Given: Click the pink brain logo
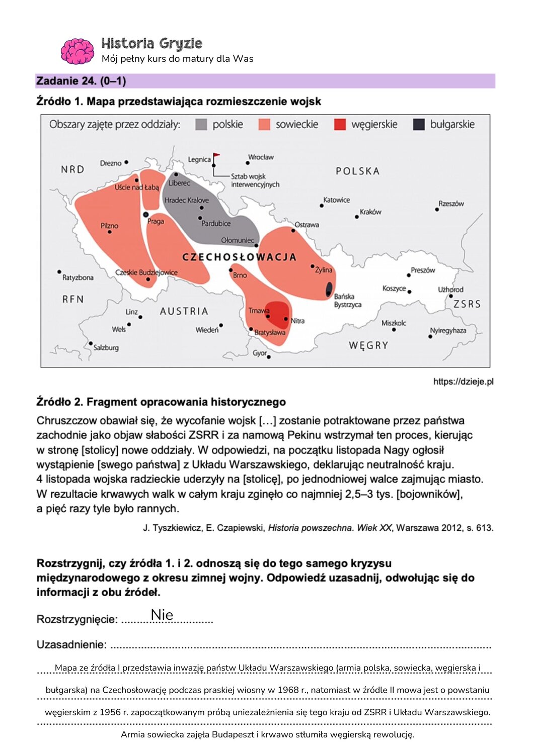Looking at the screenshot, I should pos(77,51).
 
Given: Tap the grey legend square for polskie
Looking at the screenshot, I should pos(201,125).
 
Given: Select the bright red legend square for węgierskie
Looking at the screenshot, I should pos(340,125).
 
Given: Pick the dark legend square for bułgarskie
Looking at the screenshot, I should pos(419,125).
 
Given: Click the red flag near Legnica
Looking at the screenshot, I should pos(216,156).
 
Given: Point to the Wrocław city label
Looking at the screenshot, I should pos(261,157).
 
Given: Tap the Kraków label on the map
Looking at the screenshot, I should pos(370,212).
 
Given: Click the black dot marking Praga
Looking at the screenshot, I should pos(146,215).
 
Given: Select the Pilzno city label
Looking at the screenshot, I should pos(109,226).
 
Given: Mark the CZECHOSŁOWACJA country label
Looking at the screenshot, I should pos(239,257).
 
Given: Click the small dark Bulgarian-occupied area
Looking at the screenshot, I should pos(329,289).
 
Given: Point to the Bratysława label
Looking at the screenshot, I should pos(270,333).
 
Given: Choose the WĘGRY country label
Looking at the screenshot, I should pos(368,345).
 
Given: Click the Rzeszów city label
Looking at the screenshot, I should pos(451,204).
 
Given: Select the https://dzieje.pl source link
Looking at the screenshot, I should pos(463,382).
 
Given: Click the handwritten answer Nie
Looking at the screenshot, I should pos(162,615).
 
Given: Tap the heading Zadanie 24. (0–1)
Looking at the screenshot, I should pos(81,81).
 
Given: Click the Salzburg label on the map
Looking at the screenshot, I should pos(106,347).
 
